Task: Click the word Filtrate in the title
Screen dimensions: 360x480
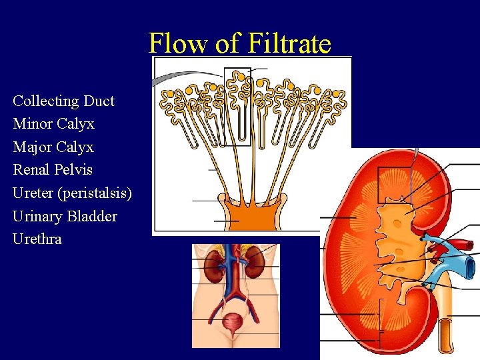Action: click(289, 44)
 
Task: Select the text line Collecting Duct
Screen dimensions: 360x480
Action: click(63, 101)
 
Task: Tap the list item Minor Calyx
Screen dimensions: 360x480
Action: click(53, 124)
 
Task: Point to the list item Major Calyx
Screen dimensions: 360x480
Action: click(53, 147)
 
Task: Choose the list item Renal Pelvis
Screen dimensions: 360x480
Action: click(53, 170)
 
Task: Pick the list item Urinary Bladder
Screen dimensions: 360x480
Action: click(65, 216)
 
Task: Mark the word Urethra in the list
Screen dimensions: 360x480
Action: click(37, 239)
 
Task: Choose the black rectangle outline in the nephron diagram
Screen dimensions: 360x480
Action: click(237, 107)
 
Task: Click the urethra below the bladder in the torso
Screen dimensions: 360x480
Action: click(233, 341)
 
